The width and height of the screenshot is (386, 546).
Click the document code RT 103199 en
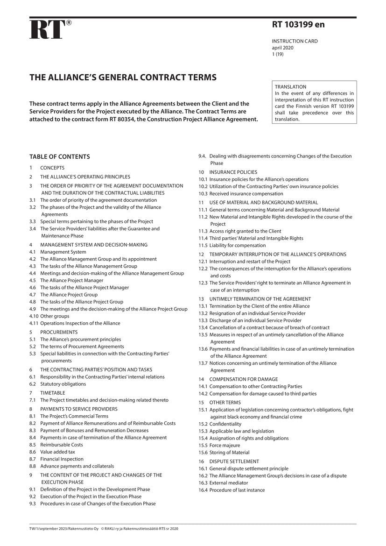click(298, 25)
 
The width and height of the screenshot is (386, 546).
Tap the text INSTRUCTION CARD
click(295, 41)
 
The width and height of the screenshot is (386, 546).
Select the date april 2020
click(283, 48)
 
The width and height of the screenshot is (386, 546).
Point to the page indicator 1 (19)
click(278, 54)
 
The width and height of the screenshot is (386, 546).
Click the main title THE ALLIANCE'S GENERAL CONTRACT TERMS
click(123, 77)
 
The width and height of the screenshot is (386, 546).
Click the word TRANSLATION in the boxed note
click(290, 87)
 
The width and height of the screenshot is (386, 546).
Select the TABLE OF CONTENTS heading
click(60, 156)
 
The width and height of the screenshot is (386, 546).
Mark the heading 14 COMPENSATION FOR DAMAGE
click(243, 379)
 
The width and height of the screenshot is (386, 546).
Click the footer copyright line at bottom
click(104, 529)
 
